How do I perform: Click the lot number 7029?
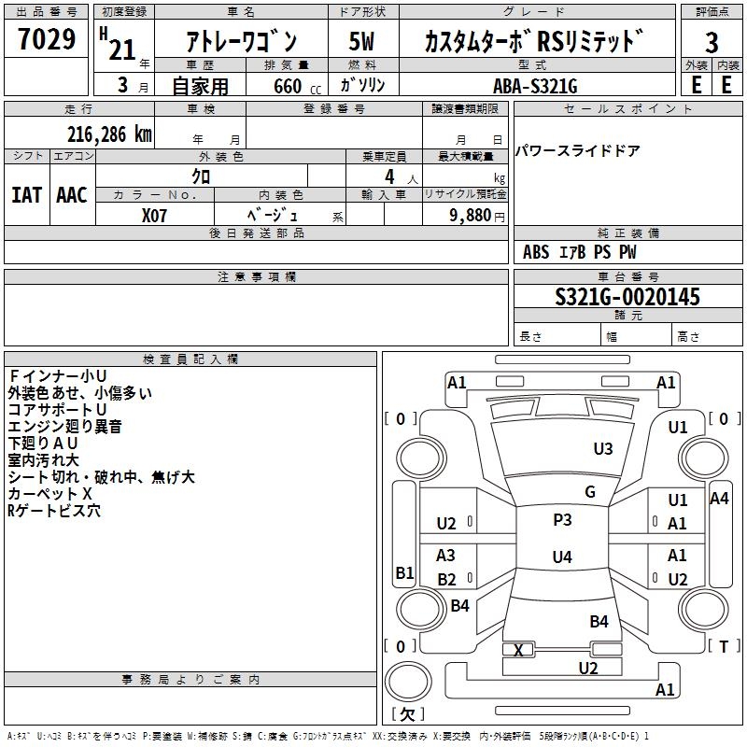pos(46,40)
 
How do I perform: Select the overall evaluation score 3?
pos(712,43)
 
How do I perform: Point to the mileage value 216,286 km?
pos(109,134)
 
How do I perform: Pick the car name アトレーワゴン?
pos(242,43)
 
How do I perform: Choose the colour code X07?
pos(155,214)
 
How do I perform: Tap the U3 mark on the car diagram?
pos(603,449)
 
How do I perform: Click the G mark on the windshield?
pos(590,492)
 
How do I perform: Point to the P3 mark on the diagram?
pos(562,520)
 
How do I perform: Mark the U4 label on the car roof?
pos(562,557)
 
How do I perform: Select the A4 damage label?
pos(719,499)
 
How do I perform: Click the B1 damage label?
pos(404,573)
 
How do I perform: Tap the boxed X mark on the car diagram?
pos(519,650)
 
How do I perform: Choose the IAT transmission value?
pos(26,195)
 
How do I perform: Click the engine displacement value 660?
pos(287,87)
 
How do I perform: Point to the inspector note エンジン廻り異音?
pos(64,427)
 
